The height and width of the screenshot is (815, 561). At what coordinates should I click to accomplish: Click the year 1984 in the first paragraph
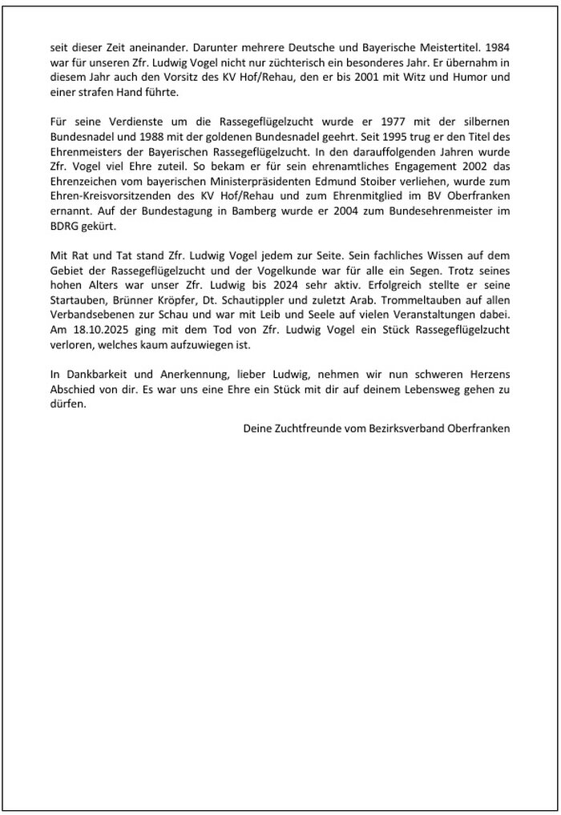pos(498,47)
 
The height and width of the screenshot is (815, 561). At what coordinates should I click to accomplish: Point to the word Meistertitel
pos(446,47)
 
